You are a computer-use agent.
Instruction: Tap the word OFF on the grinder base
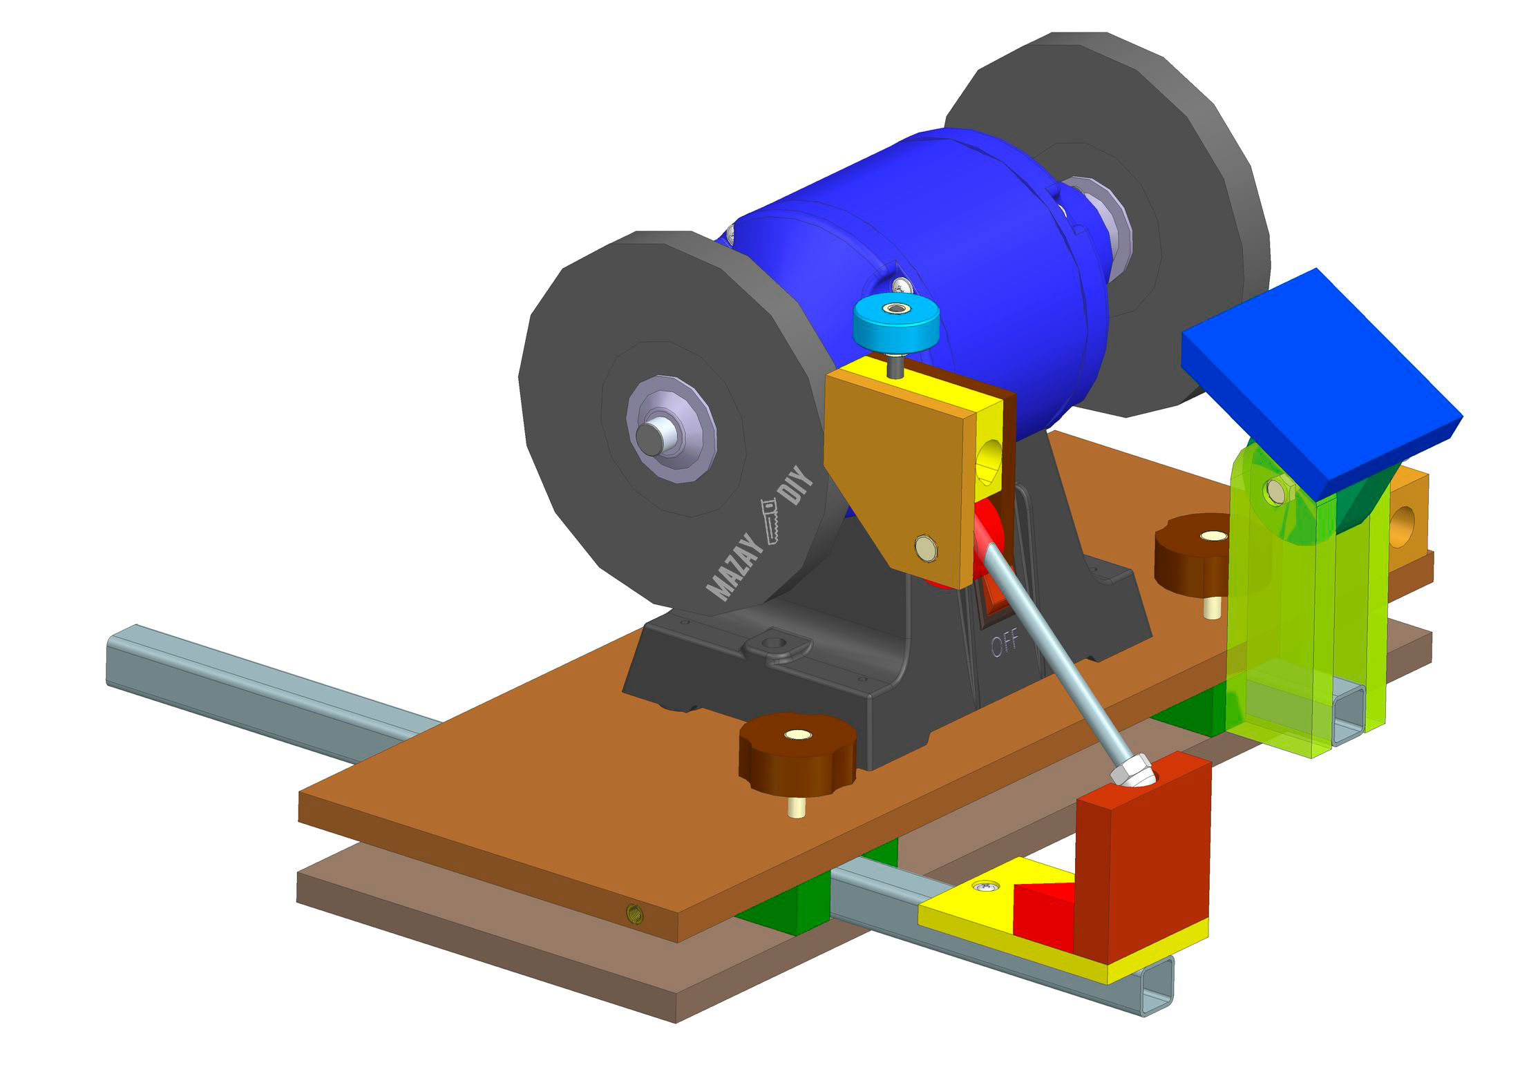(x=1005, y=644)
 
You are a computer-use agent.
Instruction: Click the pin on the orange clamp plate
(x=927, y=549)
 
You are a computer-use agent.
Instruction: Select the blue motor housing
(x=933, y=228)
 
